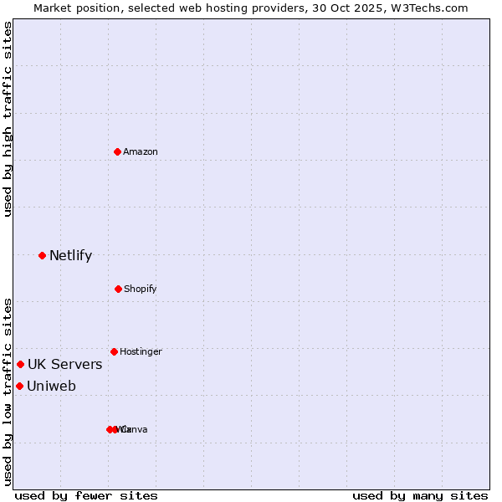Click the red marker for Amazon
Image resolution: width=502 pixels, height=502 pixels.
click(117, 151)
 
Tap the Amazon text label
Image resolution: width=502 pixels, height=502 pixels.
click(141, 152)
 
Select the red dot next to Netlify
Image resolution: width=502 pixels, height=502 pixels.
click(42, 255)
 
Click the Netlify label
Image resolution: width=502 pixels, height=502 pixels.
click(70, 256)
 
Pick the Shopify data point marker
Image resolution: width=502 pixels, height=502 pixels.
click(118, 289)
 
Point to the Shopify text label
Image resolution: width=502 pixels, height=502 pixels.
click(141, 289)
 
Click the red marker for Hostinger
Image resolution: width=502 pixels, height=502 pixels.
click(114, 351)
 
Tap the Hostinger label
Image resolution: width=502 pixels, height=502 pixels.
click(141, 352)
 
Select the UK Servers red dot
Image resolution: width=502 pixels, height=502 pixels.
click(20, 364)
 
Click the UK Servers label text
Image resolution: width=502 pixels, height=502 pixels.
click(64, 365)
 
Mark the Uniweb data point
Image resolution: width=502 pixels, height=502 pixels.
click(19, 386)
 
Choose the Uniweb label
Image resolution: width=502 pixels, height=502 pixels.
click(51, 387)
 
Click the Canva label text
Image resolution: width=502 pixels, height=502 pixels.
click(136, 430)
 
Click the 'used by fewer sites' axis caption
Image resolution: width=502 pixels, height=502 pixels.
click(86, 495)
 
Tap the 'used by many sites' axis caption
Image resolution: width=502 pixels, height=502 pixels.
click(420, 495)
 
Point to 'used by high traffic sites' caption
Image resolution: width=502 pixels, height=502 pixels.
click(8, 119)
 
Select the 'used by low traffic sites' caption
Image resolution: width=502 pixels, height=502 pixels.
click(8, 392)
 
